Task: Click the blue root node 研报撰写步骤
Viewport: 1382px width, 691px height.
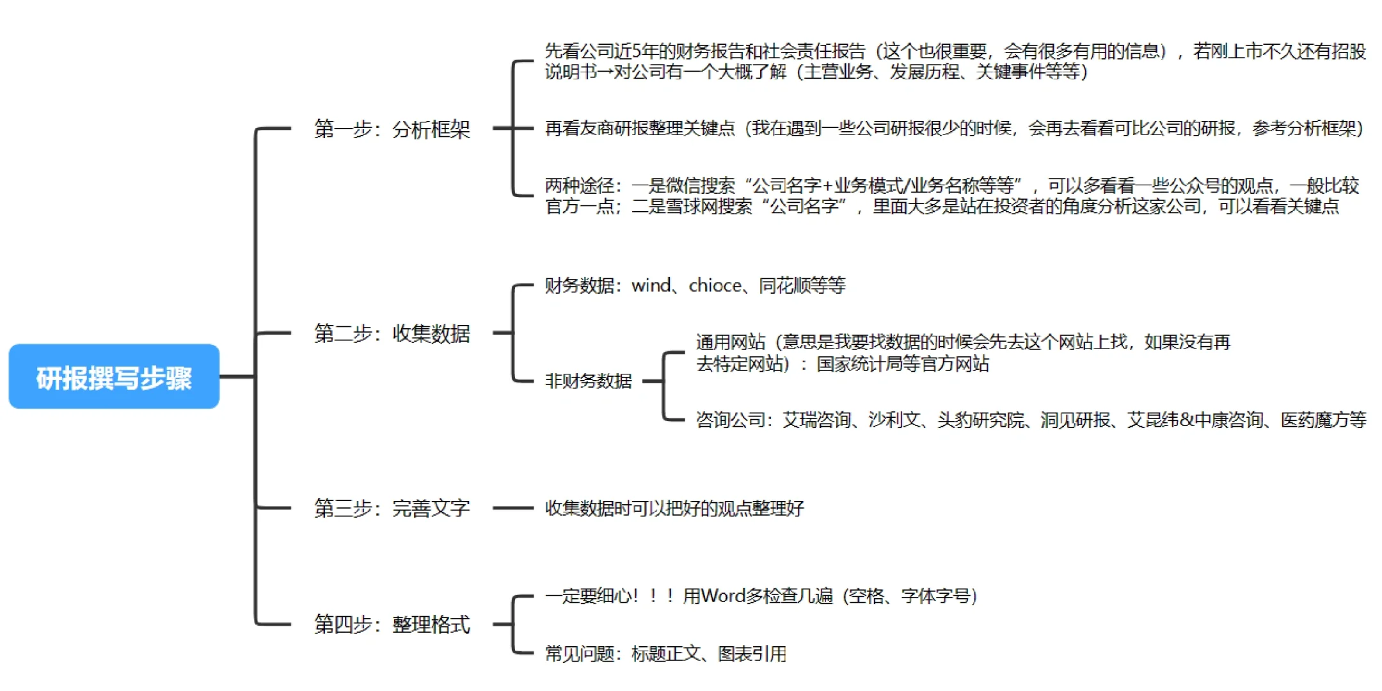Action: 114,377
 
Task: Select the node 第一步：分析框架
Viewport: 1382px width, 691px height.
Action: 392,129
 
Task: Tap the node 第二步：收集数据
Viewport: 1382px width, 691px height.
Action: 392,333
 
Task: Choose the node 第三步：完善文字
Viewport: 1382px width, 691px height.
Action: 392,509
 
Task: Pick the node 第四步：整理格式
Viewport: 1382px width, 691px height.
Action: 392,624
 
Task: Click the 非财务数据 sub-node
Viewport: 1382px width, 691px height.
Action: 588,381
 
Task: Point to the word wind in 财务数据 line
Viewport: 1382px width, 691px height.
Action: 651,285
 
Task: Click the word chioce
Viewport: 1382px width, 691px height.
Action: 714,285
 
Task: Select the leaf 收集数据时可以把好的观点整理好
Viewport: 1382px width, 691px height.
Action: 674,509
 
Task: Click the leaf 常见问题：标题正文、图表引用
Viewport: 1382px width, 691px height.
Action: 665,654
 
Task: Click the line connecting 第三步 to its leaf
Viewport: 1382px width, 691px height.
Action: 513,509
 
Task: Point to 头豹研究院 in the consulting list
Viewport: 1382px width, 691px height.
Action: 980,420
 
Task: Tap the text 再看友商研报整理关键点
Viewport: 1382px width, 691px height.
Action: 640,129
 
